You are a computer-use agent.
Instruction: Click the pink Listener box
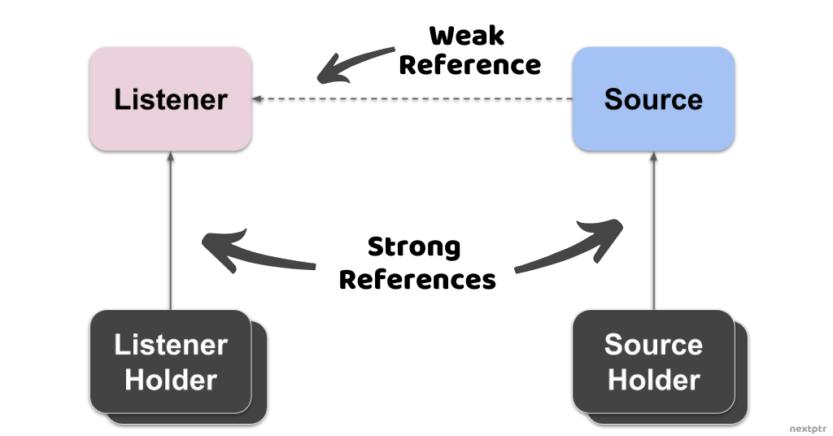coord(170,99)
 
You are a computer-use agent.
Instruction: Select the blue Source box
coord(653,99)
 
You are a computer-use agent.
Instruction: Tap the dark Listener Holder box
coord(170,361)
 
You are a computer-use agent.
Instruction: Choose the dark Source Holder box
coord(653,361)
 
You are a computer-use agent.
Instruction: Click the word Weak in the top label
coord(467,36)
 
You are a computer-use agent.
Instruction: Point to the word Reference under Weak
coord(469,65)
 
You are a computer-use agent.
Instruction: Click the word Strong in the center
coord(414,246)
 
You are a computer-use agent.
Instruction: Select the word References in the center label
coord(417,280)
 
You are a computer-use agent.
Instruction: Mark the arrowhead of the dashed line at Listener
coord(257,99)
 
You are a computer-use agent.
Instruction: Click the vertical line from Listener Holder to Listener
coord(170,236)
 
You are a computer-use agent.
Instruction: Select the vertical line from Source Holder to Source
coord(653,236)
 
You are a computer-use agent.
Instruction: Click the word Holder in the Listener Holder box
coord(170,380)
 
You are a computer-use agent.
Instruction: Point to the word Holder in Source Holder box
coord(653,380)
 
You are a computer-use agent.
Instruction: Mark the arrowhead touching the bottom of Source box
coord(653,156)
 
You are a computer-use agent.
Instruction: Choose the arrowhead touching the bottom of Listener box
coord(170,156)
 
